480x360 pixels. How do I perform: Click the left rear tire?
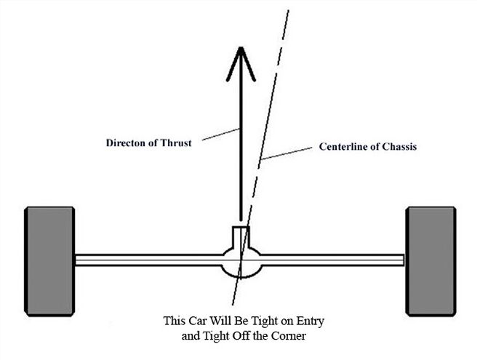[49, 260]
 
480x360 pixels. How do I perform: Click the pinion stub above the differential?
[240, 236]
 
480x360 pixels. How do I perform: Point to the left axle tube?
[145, 259]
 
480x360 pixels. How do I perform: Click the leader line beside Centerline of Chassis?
[289, 153]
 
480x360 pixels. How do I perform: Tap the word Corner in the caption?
[287, 337]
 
